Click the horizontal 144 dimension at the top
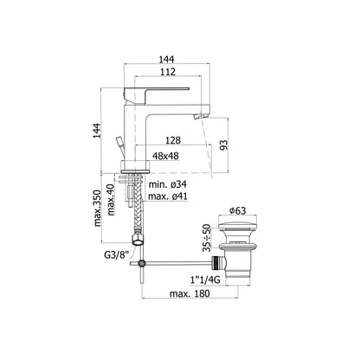tap(167, 59)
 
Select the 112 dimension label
tap(168, 72)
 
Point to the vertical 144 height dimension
tap(97, 131)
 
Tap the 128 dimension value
tap(173, 140)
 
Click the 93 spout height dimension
tap(224, 145)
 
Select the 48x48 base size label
tap(165, 156)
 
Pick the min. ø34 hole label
tap(168, 184)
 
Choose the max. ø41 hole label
tap(168, 196)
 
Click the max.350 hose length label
tap(98, 208)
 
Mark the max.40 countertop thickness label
tap(111, 200)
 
